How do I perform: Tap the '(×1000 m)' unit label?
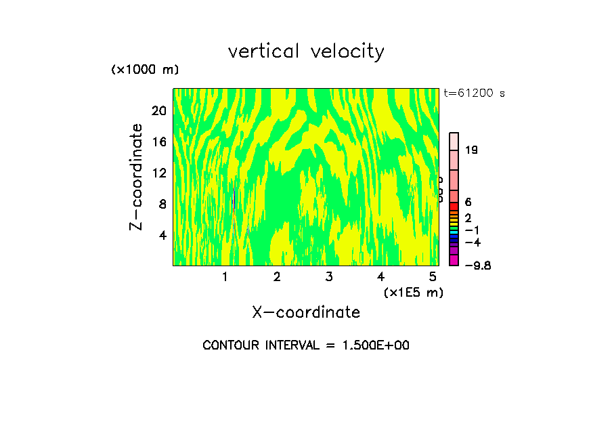(x=144, y=70)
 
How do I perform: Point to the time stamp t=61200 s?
(x=474, y=93)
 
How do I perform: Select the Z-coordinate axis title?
(x=136, y=177)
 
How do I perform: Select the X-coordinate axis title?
(x=306, y=312)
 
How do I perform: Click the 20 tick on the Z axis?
(x=158, y=110)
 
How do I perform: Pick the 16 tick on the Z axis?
(x=158, y=142)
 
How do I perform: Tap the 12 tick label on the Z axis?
(x=158, y=173)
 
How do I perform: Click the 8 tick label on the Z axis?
(x=162, y=204)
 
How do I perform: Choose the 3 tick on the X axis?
(x=328, y=276)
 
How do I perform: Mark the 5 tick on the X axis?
(x=433, y=276)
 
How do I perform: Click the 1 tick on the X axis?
(x=225, y=276)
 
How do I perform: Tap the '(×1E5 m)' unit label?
(x=413, y=292)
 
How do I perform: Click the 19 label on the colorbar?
(x=472, y=150)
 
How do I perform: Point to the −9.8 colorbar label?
(x=477, y=266)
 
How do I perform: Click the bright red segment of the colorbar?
(x=454, y=206)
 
